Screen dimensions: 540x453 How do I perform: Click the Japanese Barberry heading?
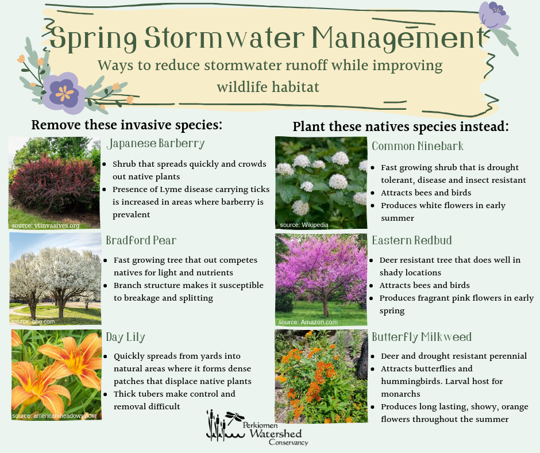tap(156, 143)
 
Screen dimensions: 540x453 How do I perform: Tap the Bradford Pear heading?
tap(141, 240)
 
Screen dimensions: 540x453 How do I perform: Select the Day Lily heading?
tap(125, 337)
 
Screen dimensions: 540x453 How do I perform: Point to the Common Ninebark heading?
tap(418, 146)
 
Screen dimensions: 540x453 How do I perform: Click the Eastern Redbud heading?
tap(412, 240)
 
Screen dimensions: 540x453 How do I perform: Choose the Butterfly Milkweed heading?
tap(422, 337)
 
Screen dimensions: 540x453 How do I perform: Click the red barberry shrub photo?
tap(55, 183)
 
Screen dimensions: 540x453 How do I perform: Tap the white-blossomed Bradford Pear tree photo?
tap(56, 279)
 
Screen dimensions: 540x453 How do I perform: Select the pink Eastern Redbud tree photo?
tap(321, 279)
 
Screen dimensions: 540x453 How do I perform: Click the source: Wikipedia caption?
tap(304, 225)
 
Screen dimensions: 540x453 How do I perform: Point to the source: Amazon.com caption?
tap(308, 322)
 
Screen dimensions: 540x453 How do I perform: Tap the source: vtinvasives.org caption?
tap(45, 225)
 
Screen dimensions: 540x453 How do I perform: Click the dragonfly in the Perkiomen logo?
tap(234, 417)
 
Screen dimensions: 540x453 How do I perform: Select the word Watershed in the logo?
tap(276, 433)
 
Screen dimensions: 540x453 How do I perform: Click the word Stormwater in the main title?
tap(225, 37)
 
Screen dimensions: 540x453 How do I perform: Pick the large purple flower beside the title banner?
tap(63, 93)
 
